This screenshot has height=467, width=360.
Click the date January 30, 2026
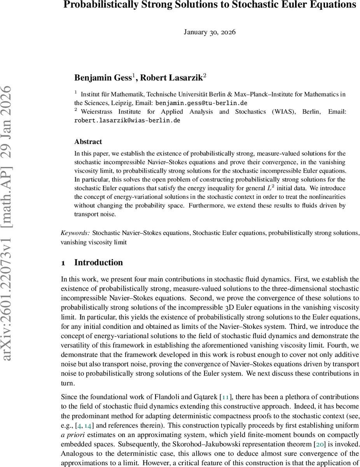tap(210, 32)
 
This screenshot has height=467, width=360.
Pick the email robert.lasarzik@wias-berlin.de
tap(127, 121)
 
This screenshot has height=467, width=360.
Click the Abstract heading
tap(88, 142)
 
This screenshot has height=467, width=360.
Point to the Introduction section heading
tap(98, 263)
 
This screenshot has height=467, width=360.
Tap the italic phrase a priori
tap(73, 425)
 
